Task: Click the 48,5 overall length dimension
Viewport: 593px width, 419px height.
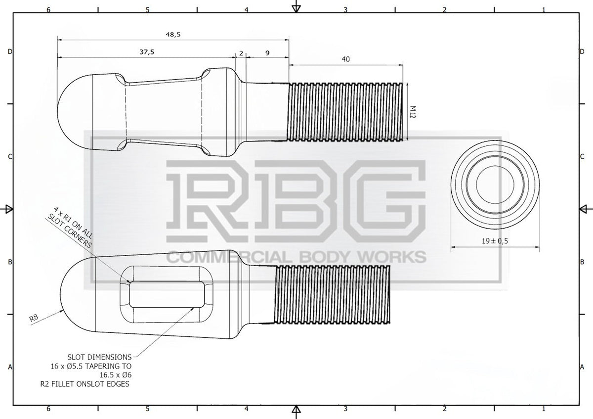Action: point(173,35)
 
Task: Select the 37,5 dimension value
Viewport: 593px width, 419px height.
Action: point(147,52)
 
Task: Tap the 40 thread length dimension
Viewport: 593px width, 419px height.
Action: point(346,59)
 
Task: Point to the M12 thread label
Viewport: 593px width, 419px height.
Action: point(413,112)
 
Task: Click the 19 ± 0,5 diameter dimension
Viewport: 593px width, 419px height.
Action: point(495,241)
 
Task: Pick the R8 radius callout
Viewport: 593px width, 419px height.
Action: point(34,318)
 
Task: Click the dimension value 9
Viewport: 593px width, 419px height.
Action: point(267,53)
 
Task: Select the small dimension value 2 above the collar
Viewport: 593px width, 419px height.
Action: point(241,53)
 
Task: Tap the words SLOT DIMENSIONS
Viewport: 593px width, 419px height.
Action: point(99,357)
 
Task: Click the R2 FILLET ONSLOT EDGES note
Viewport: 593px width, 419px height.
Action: point(85,384)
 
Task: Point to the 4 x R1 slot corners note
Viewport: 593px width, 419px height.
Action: point(70,228)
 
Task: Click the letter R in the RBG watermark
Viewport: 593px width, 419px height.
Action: point(207,201)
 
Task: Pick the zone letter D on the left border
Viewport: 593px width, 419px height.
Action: point(10,51)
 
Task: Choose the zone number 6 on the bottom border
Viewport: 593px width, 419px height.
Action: point(48,409)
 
